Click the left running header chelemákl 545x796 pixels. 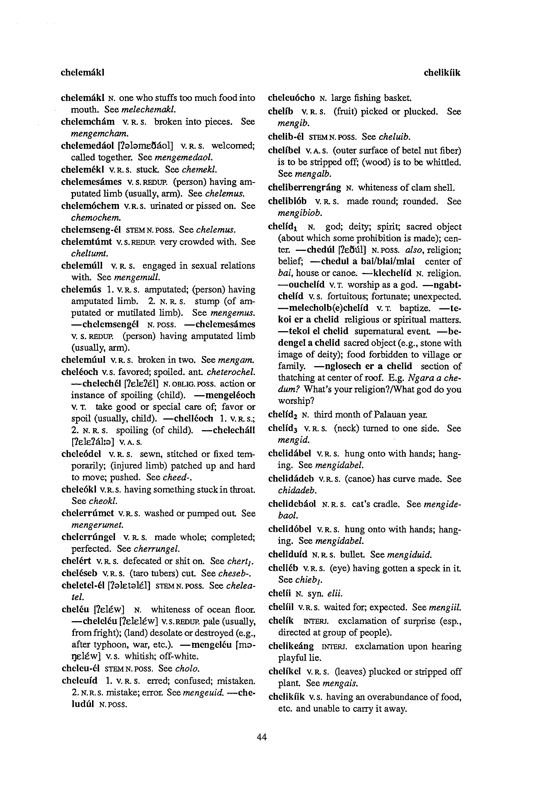tap(83, 73)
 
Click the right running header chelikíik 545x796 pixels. tap(442, 73)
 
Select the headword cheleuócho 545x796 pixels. tap(292, 98)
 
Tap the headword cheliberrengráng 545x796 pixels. tap(304, 188)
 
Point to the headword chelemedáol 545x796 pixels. tap(87, 146)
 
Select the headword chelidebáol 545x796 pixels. tap(292, 504)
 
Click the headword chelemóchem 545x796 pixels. tap(90, 206)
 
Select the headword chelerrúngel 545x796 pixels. tap(88, 537)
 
